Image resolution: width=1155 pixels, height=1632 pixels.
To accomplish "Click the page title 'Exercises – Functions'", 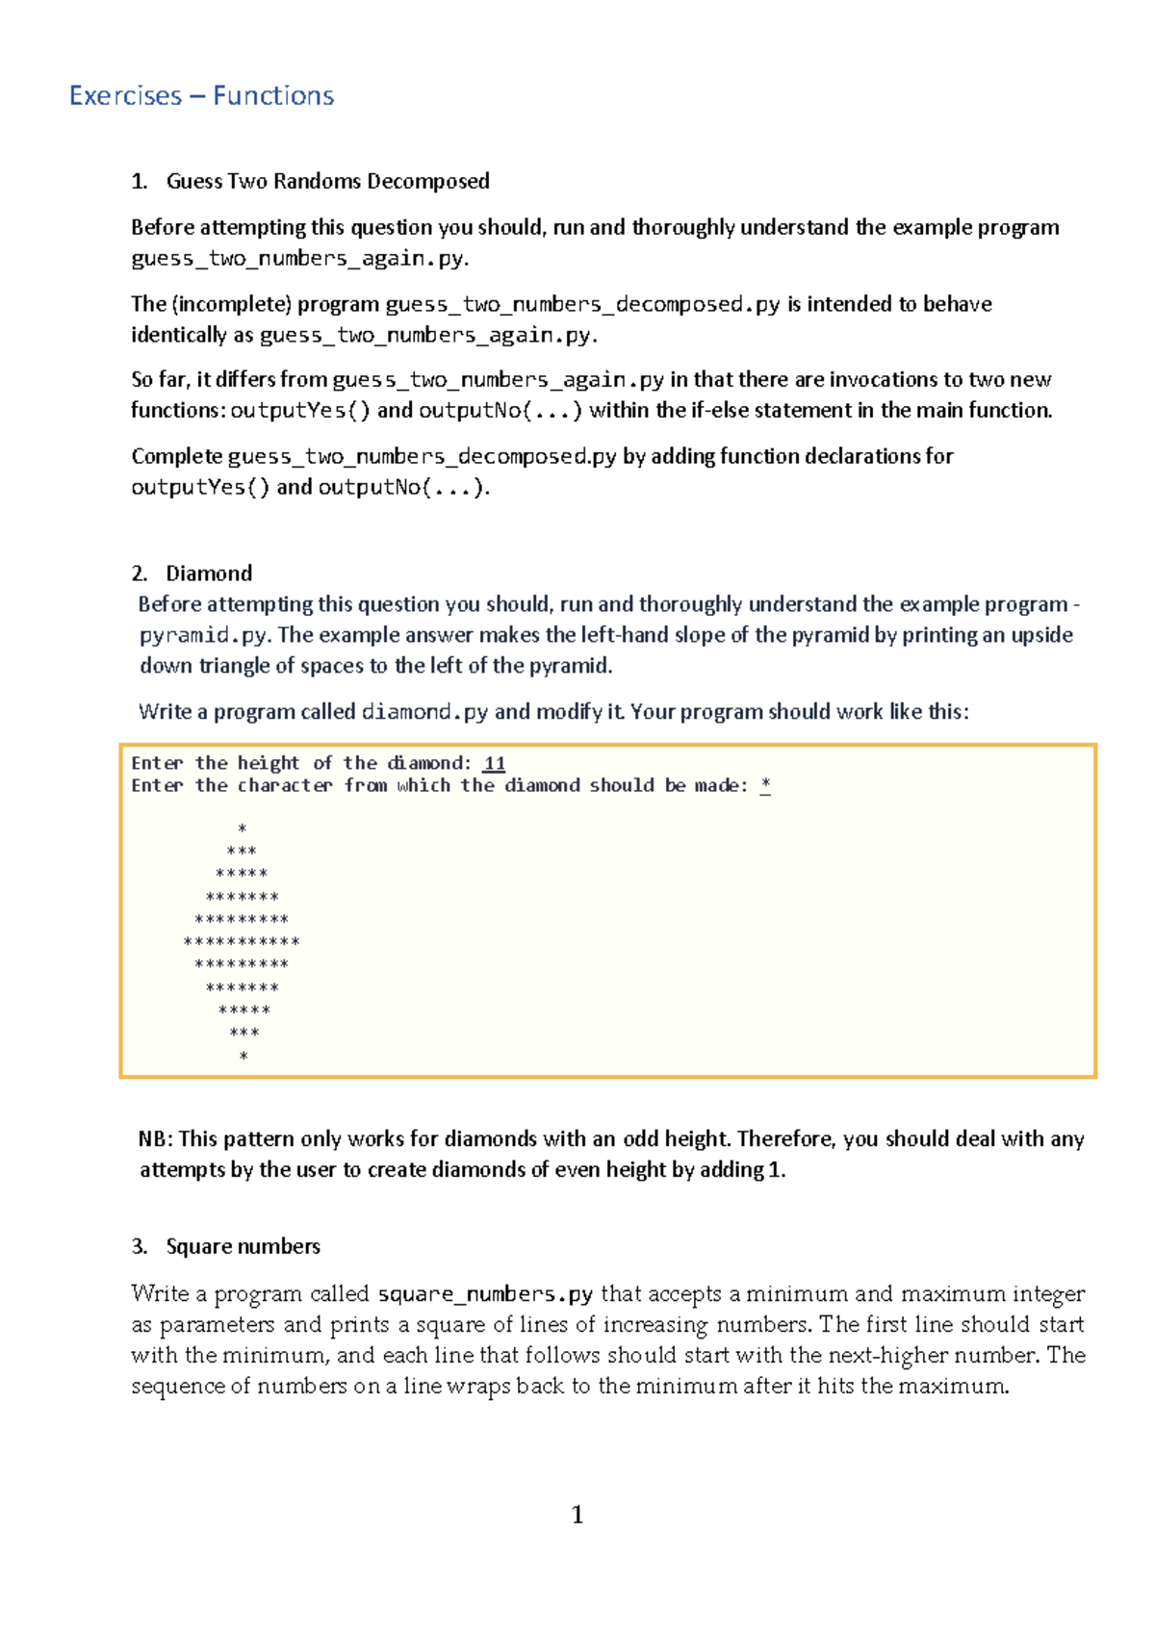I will (201, 95).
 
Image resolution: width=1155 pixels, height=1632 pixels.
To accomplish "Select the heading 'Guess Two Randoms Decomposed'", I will (327, 181).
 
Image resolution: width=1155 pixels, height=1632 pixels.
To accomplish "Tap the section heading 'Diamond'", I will (209, 574).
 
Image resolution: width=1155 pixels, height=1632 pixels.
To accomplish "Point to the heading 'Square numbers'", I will (243, 1246).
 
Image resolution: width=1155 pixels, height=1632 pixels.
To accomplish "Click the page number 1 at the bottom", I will (577, 1516).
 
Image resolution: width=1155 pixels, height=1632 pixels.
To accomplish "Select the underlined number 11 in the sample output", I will (494, 763).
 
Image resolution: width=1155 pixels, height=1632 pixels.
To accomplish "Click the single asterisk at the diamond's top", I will (243, 829).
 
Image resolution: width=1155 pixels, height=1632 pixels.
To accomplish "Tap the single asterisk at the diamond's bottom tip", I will (244, 1057).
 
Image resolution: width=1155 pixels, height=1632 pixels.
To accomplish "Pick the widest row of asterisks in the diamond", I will (242, 942).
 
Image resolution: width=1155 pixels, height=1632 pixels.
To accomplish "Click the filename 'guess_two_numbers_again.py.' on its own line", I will (299, 258).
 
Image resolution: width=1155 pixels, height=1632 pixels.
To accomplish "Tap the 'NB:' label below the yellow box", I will (156, 1139).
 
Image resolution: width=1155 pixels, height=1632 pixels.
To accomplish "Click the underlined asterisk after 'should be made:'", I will (765, 785).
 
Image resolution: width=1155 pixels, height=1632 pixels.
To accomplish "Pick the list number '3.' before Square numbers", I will (140, 1246).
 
